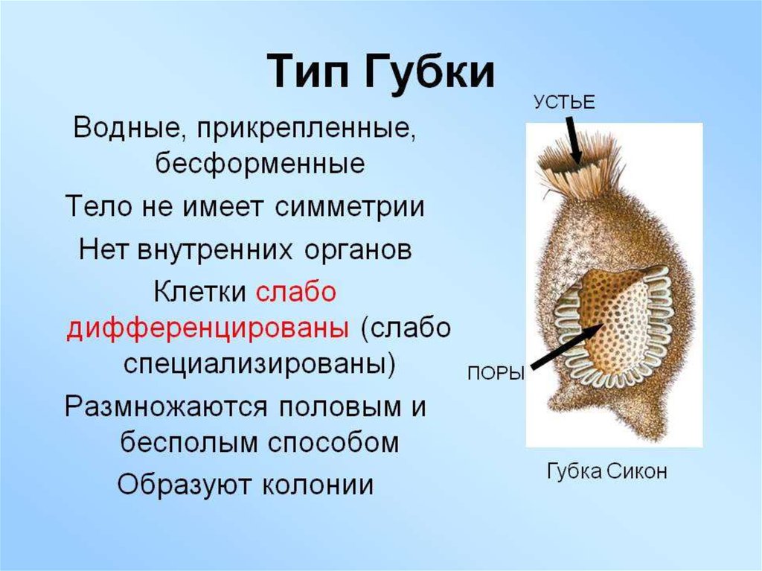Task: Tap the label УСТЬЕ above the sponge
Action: [x=563, y=103]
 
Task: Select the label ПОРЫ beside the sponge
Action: [x=496, y=374]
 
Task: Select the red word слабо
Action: [x=296, y=292]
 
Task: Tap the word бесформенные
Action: [x=260, y=164]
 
